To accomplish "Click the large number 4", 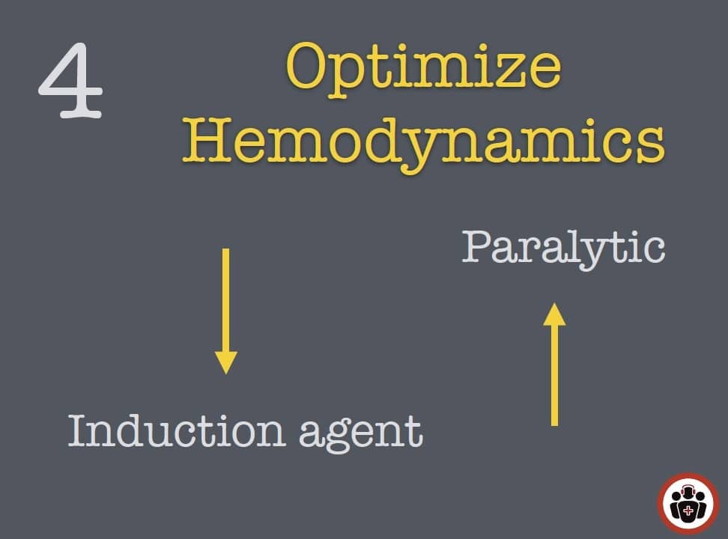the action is point(70,80).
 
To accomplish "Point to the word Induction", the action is point(177,430).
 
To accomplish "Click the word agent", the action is point(361,433).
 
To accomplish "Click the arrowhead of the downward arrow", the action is point(226,362).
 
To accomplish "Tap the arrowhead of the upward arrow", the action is point(554,314).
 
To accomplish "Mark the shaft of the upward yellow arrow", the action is point(554,375).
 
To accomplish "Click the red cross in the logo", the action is point(688,511).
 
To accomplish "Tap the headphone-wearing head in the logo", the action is point(688,492).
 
